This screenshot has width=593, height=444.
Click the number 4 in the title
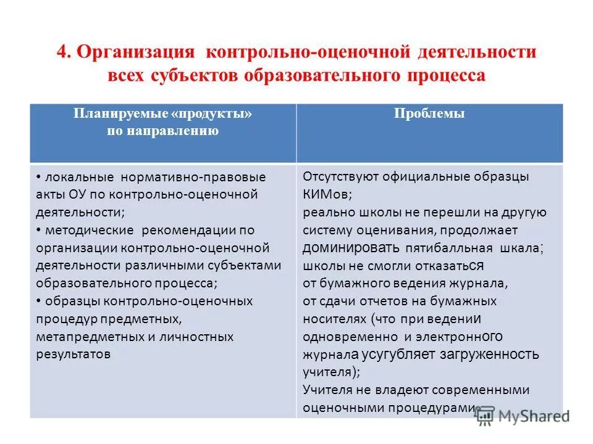62,52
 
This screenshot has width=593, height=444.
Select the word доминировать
351,248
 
